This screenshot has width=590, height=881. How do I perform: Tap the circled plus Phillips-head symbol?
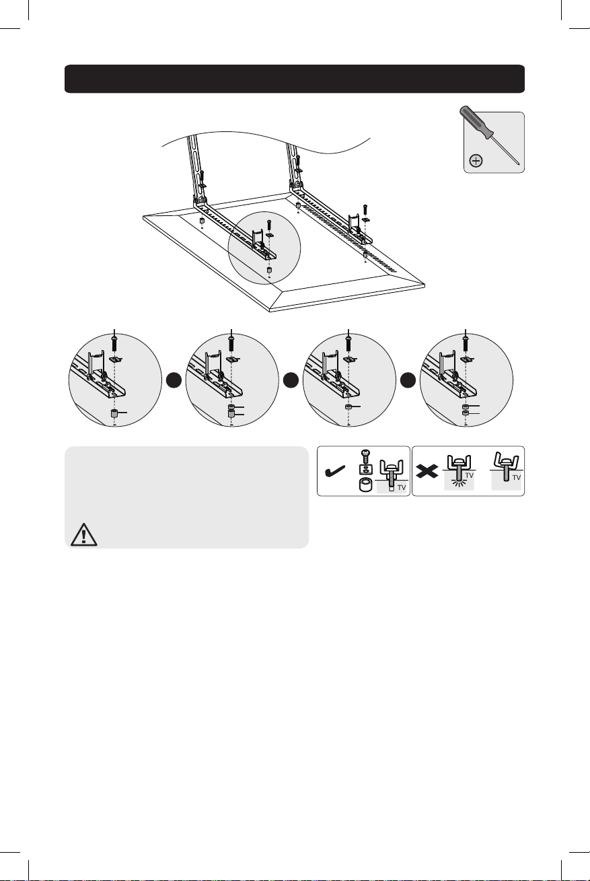pyautogui.click(x=476, y=160)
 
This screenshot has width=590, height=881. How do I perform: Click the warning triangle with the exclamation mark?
pyautogui.click(x=83, y=534)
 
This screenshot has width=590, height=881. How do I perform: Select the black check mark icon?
pyautogui.click(x=335, y=470)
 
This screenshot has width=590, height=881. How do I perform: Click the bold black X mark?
pyautogui.click(x=427, y=470)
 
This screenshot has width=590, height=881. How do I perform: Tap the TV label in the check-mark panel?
pyautogui.click(x=402, y=487)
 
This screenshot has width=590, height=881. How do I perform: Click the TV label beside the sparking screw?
pyautogui.click(x=470, y=476)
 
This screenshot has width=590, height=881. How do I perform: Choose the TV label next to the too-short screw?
pyautogui.click(x=517, y=477)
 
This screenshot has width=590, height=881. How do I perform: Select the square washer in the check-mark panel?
pyautogui.click(x=366, y=469)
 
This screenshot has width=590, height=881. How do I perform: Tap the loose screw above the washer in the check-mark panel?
pyautogui.click(x=365, y=456)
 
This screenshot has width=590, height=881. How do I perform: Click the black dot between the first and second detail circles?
pyautogui.click(x=174, y=380)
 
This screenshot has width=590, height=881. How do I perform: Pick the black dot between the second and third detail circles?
pyautogui.click(x=291, y=380)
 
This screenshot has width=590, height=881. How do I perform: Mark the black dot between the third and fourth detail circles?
pyautogui.click(x=408, y=380)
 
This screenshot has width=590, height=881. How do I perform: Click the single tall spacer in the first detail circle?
pyautogui.click(x=114, y=413)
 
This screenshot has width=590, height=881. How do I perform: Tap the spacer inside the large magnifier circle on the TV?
pyautogui.click(x=269, y=270)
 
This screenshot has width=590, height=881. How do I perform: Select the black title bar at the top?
pyautogui.click(x=295, y=79)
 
